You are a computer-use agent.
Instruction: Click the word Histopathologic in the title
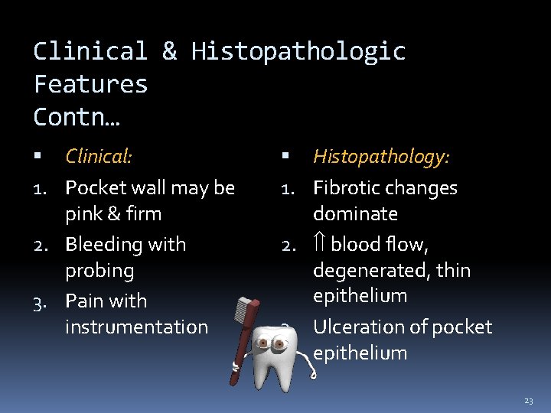298,51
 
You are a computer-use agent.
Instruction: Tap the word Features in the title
90,83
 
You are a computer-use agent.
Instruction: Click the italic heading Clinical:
99,157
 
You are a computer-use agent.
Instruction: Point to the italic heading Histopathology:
381,157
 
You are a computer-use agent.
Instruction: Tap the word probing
99,271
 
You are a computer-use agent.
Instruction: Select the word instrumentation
136,327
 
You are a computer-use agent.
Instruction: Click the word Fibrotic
347,188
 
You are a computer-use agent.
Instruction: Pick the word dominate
355,213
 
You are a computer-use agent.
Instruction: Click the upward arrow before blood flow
320,245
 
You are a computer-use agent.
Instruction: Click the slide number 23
529,401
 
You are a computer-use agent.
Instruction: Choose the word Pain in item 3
84,301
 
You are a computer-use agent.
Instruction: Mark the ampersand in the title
169,51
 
